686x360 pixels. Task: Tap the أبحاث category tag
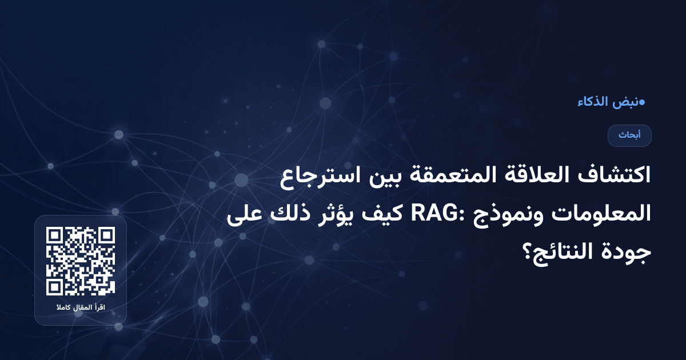pyautogui.click(x=629, y=135)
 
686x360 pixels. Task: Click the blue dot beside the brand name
pyautogui.click(x=642, y=103)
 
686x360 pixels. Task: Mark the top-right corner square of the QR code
pyautogui.click(x=106, y=235)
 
